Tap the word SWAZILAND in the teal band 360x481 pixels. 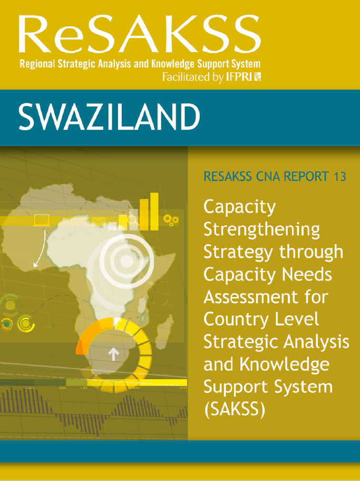coord(109,117)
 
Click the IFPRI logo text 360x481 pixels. coord(239,76)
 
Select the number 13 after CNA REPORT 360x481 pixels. coord(340,176)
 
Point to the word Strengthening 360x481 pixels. coord(261,230)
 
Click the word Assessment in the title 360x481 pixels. coord(251,297)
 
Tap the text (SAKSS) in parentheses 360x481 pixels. coord(235,409)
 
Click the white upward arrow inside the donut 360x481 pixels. coord(113,354)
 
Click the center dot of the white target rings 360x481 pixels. coord(126,261)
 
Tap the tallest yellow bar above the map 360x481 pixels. coord(154,211)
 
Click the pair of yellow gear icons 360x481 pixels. coord(171,219)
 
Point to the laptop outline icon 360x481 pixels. coord(42,220)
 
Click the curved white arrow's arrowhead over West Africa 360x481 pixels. coord(36,264)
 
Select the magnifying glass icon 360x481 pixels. coord(133,221)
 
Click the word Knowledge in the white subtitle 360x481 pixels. coord(174,64)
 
